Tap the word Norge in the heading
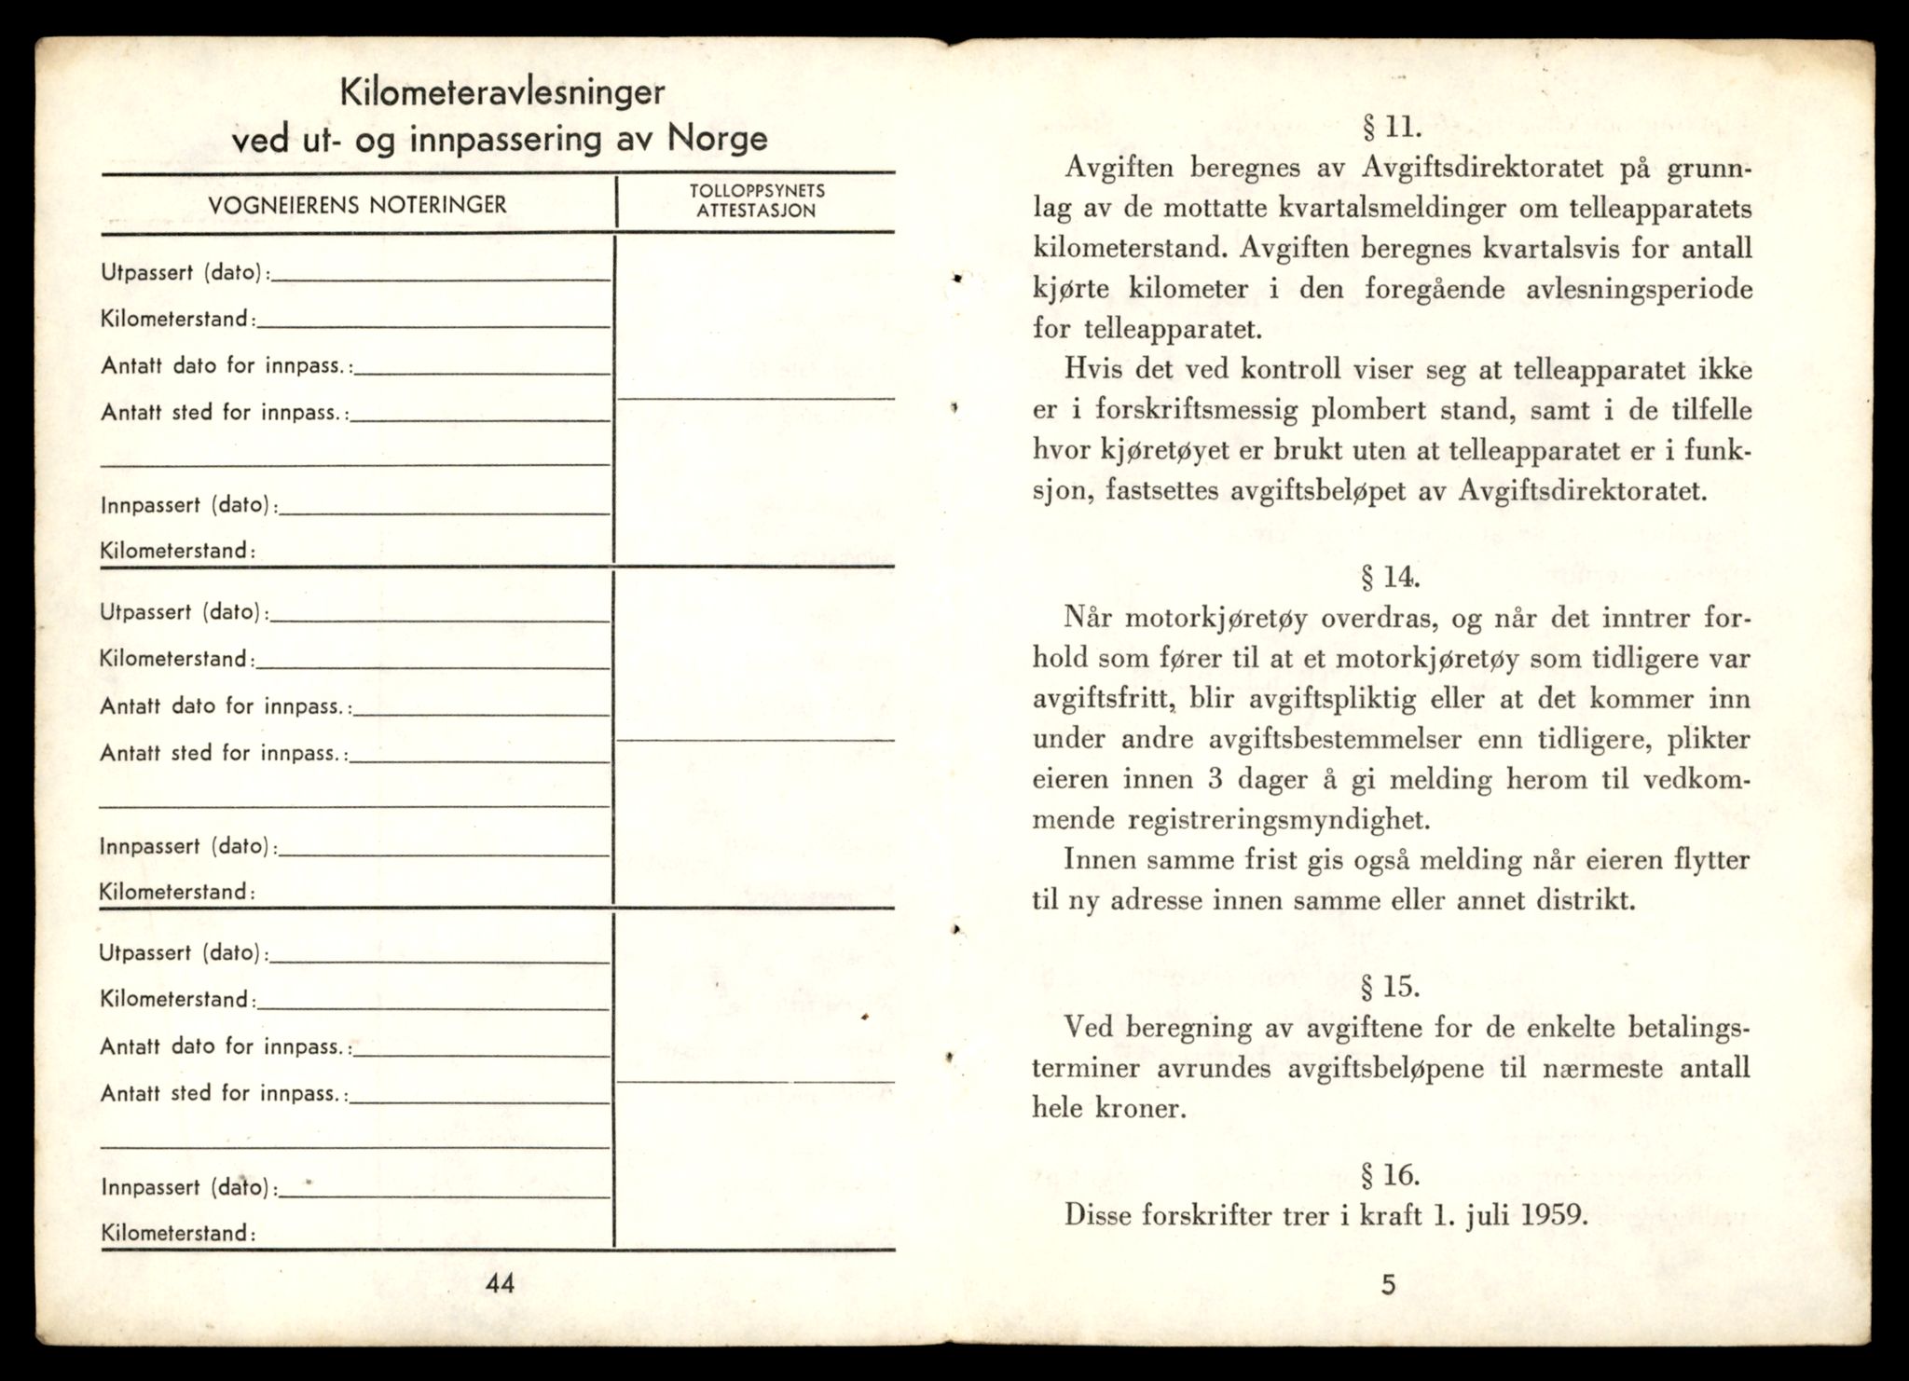click(x=718, y=139)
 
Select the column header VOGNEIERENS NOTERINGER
click(x=358, y=205)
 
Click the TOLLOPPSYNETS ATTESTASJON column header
click(x=756, y=200)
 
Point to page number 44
click(x=500, y=1283)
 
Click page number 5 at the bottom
click(x=1388, y=1285)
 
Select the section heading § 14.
click(x=1390, y=578)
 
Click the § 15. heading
click(x=1390, y=986)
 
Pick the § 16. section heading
click(x=1390, y=1175)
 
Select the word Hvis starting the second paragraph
click(x=1094, y=370)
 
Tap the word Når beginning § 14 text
click(x=1090, y=619)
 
